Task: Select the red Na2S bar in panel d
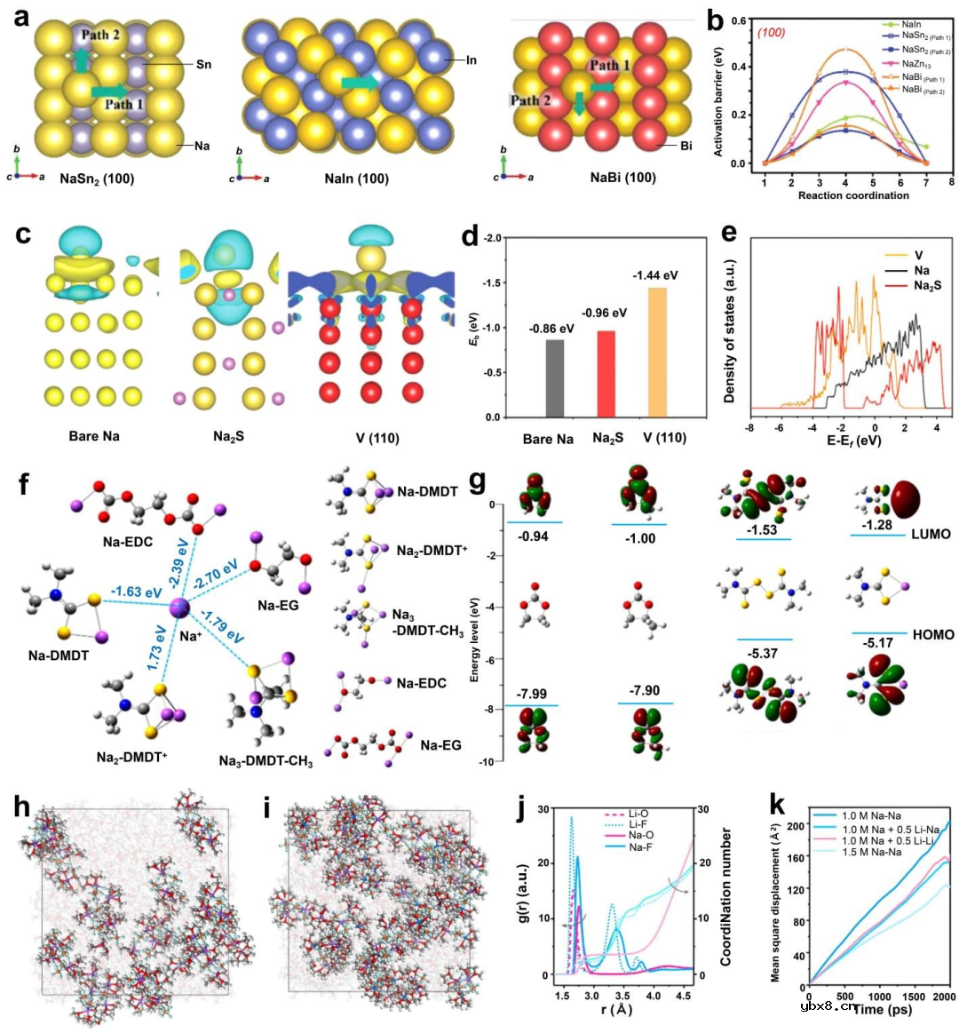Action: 606,373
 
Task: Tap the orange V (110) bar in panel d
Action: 657,352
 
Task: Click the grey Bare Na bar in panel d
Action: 555,377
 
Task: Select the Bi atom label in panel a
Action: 686,146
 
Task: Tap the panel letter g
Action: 477,481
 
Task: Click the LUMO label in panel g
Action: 931,534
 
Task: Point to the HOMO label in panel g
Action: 932,634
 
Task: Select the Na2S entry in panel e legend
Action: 926,285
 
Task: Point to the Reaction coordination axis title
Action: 853,195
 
